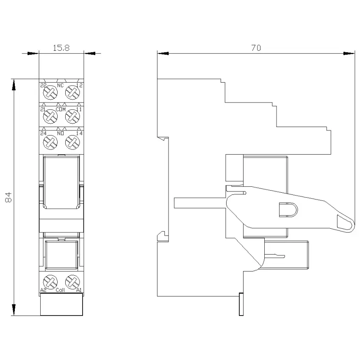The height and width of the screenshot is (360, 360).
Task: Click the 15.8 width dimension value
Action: pyautogui.click(x=61, y=48)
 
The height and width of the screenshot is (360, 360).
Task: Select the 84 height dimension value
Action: pyautogui.click(x=8, y=197)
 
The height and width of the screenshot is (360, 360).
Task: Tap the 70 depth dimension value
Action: pyautogui.click(x=256, y=48)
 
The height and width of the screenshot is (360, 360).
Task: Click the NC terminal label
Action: pyautogui.click(x=61, y=86)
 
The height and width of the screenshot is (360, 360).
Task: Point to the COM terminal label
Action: pyautogui.click(x=61, y=109)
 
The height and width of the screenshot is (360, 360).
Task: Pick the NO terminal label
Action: pyautogui.click(x=61, y=133)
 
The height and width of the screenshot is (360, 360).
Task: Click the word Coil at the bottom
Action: pyautogui.click(x=61, y=290)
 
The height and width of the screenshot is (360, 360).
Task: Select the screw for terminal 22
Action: pyautogui.click(x=50, y=92)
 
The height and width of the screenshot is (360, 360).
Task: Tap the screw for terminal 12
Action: pyautogui.click(x=72, y=92)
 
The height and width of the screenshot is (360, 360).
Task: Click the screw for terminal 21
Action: pyautogui.click(x=50, y=116)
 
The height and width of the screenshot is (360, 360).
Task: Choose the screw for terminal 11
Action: pyautogui.click(x=72, y=116)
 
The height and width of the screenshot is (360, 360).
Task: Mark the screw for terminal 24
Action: pyautogui.click(x=50, y=142)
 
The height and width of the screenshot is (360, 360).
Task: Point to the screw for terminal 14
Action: pyautogui.click(x=72, y=142)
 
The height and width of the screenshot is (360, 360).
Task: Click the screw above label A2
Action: pyautogui.click(x=50, y=282)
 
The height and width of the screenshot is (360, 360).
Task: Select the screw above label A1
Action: pyautogui.click(x=72, y=282)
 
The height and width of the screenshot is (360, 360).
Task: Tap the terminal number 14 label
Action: pyautogui.click(x=79, y=133)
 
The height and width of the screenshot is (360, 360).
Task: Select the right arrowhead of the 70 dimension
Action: pyautogui.click(x=349, y=53)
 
